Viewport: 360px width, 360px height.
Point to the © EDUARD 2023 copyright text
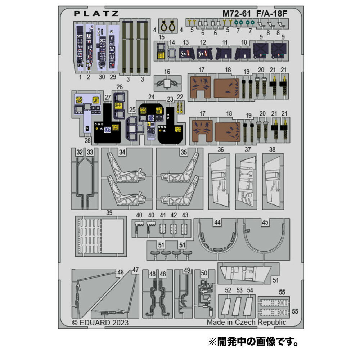point(100,322)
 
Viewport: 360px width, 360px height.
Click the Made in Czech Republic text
point(246,322)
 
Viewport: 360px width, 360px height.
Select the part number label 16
point(167,72)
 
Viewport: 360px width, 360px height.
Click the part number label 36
point(221,149)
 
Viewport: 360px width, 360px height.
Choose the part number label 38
point(272,149)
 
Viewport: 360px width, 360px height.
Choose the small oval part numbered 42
point(174,228)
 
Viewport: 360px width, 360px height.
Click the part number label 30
point(102,77)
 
